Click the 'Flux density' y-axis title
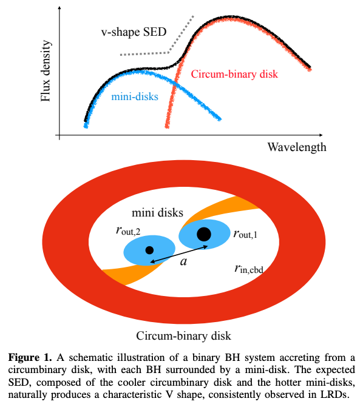click(x=46, y=71)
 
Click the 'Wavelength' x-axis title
click(x=297, y=147)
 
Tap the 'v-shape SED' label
click(x=134, y=32)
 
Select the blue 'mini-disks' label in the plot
click(x=135, y=97)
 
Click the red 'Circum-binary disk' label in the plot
click(x=234, y=74)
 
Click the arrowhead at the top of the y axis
click(x=59, y=7)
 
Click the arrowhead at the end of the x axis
click(x=321, y=135)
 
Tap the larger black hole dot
click(x=204, y=234)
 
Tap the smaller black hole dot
click(x=149, y=251)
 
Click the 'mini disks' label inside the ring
click(x=157, y=213)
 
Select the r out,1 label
click(x=245, y=234)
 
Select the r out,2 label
click(x=128, y=230)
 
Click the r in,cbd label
click(x=249, y=269)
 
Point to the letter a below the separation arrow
click(x=183, y=262)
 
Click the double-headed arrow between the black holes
click(x=179, y=254)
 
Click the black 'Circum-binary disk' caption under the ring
click(x=183, y=336)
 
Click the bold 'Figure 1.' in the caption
click(x=30, y=358)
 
